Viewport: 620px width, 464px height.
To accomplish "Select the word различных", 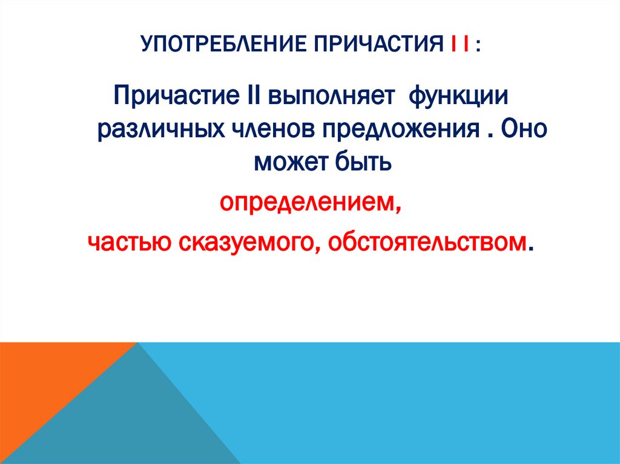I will pyautogui.click(x=157, y=129).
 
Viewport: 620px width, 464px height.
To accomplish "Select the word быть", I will pyautogui.click(x=361, y=162).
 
